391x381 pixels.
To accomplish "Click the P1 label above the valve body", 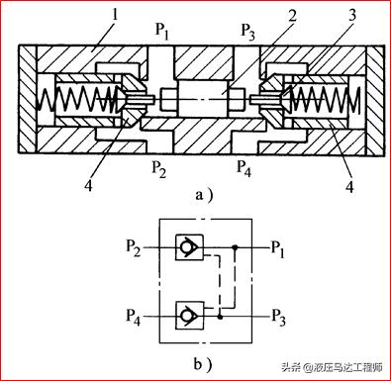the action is pos(162,32).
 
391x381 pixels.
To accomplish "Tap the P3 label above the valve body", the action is pos(247,33).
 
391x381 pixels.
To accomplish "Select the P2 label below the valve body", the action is pos(158,169).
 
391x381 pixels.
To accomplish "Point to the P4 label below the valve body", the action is pos(244,168).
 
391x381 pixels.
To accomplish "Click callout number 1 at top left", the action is pos(115,16).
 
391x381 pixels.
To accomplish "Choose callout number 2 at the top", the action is pos(292,16).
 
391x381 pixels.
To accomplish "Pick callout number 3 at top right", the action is pos(352,15).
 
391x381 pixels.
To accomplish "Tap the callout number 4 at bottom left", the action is pos(88,185).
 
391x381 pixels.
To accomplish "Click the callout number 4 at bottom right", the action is pos(349,186).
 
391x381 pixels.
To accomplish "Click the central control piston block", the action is pos(203,98).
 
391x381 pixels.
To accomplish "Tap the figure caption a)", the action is pos(204,195).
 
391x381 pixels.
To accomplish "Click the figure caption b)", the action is pos(202,365).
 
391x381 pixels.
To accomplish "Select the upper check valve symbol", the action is pos(189,247).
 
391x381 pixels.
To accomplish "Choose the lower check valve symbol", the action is pos(189,316).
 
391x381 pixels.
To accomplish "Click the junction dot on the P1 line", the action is pos(235,247).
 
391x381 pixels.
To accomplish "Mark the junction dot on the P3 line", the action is pos(220,317).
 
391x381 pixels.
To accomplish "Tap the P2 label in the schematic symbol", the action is pos(134,248).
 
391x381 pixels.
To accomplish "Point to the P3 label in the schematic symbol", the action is pos(278,318).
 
